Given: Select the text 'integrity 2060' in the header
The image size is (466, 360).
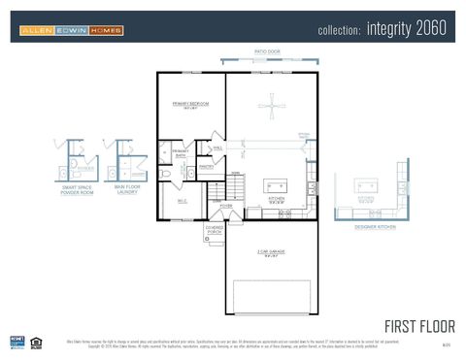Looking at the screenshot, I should pos(407,29).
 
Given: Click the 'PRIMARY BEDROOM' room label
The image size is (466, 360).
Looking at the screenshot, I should pos(191,105).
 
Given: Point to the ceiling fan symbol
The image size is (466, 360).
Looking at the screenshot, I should pos(272,107).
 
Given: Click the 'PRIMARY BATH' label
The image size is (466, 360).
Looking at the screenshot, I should pos(181,153).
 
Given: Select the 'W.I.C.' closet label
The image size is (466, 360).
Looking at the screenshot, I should pos(181,201).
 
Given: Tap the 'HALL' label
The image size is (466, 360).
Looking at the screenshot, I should pos(217,148).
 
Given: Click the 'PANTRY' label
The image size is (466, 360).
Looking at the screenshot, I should pos(206,167).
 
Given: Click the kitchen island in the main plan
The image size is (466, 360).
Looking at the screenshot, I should pos(276,185).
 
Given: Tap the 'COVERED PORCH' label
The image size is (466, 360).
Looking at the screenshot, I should pos(215,231).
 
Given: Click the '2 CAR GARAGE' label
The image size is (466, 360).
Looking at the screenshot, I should pos(271,254).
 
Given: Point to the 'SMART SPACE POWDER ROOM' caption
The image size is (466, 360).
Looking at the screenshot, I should pos(78,190).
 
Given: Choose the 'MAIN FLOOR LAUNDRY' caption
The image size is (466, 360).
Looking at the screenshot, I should pos(126,190).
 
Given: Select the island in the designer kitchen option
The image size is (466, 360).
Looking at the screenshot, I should pos(366,186).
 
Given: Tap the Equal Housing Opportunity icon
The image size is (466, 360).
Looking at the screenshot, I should pos(36,340).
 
